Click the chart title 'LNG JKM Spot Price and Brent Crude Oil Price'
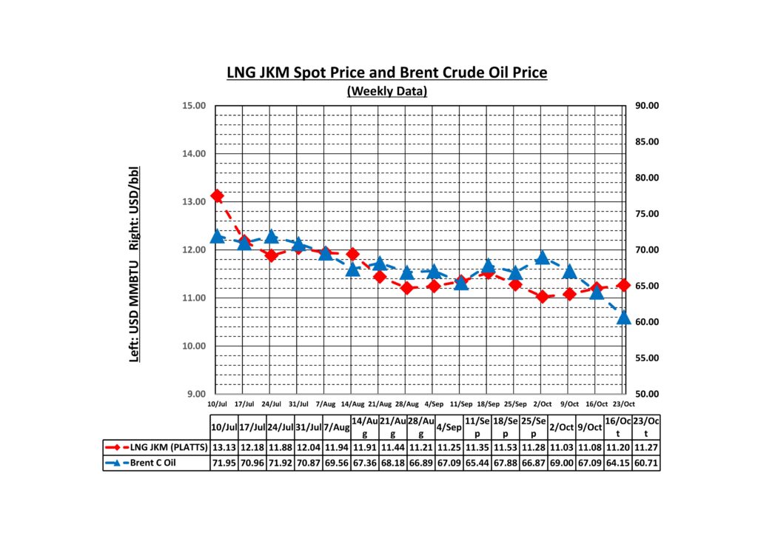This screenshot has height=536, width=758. tap(386, 73)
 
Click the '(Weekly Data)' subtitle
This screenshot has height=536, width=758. tap(386, 91)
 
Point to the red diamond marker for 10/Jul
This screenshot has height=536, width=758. tap(217, 195)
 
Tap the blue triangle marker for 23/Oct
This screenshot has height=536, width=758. tap(623, 317)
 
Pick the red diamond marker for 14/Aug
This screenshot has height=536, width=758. tap(352, 254)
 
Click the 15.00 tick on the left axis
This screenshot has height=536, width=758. tap(193, 106)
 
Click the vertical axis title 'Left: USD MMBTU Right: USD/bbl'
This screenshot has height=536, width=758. tap(135, 264)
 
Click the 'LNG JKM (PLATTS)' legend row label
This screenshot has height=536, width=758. tap(167, 447)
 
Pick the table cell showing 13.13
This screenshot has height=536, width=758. tap(224, 447)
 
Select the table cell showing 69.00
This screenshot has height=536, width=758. tap(557, 463)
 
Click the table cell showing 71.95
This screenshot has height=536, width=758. tap(224, 463)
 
